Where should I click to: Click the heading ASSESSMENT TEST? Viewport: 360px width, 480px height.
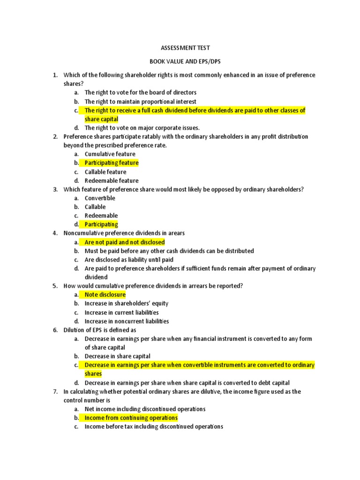point(180,48)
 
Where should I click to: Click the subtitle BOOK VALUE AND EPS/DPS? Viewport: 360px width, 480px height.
point(180,61)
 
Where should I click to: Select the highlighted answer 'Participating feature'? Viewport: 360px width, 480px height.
point(112,163)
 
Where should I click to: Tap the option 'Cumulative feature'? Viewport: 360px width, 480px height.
point(110,154)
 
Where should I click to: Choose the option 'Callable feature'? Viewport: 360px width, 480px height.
point(105,172)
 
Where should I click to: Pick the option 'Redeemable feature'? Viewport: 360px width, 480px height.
point(112,180)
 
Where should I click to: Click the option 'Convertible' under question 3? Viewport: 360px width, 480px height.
point(100,198)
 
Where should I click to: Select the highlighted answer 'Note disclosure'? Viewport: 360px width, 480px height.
point(105,294)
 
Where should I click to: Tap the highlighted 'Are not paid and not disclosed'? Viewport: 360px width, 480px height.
point(125,242)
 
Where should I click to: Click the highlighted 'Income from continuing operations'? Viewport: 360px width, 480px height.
point(131,418)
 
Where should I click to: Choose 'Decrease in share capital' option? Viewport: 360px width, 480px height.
point(118,356)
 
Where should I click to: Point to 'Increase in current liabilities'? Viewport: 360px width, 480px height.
point(122,312)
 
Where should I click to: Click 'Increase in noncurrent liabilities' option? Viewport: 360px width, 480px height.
point(127,321)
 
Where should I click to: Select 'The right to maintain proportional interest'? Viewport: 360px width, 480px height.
point(141,101)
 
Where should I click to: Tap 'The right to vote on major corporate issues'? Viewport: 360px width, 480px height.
point(142,127)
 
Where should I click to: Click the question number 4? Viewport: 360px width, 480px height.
point(55,233)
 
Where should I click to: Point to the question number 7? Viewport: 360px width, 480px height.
point(55,391)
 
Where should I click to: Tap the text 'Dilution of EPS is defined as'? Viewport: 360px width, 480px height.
point(100,330)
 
